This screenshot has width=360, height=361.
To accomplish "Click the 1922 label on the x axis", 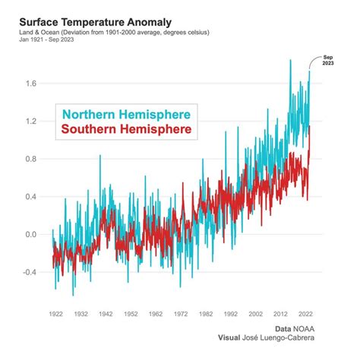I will pyautogui.click(x=56, y=313).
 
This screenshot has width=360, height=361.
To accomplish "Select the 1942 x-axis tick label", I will pyautogui.click(x=106, y=313).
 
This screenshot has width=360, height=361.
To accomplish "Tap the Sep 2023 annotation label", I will pyautogui.click(x=327, y=60).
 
